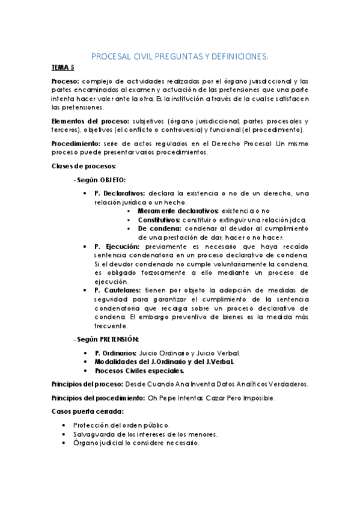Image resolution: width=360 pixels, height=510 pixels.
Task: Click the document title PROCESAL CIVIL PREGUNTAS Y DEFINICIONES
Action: tap(180, 57)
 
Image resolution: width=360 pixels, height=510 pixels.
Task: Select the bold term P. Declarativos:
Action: tap(120, 193)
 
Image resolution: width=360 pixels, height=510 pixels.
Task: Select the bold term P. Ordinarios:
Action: tap(116, 353)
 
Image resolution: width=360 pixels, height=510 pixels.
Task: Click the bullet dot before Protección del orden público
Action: tap(64, 425)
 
